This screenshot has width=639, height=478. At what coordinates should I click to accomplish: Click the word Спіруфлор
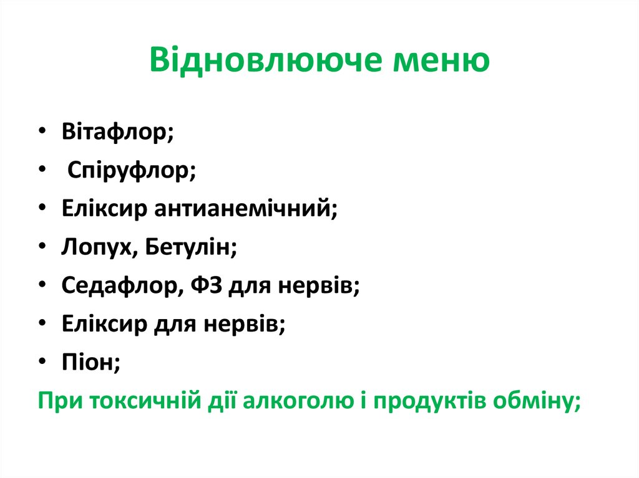click(x=131, y=171)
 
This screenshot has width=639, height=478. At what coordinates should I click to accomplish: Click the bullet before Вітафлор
click(x=41, y=133)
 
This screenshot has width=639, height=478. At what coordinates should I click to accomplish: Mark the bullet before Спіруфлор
click(x=41, y=171)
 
